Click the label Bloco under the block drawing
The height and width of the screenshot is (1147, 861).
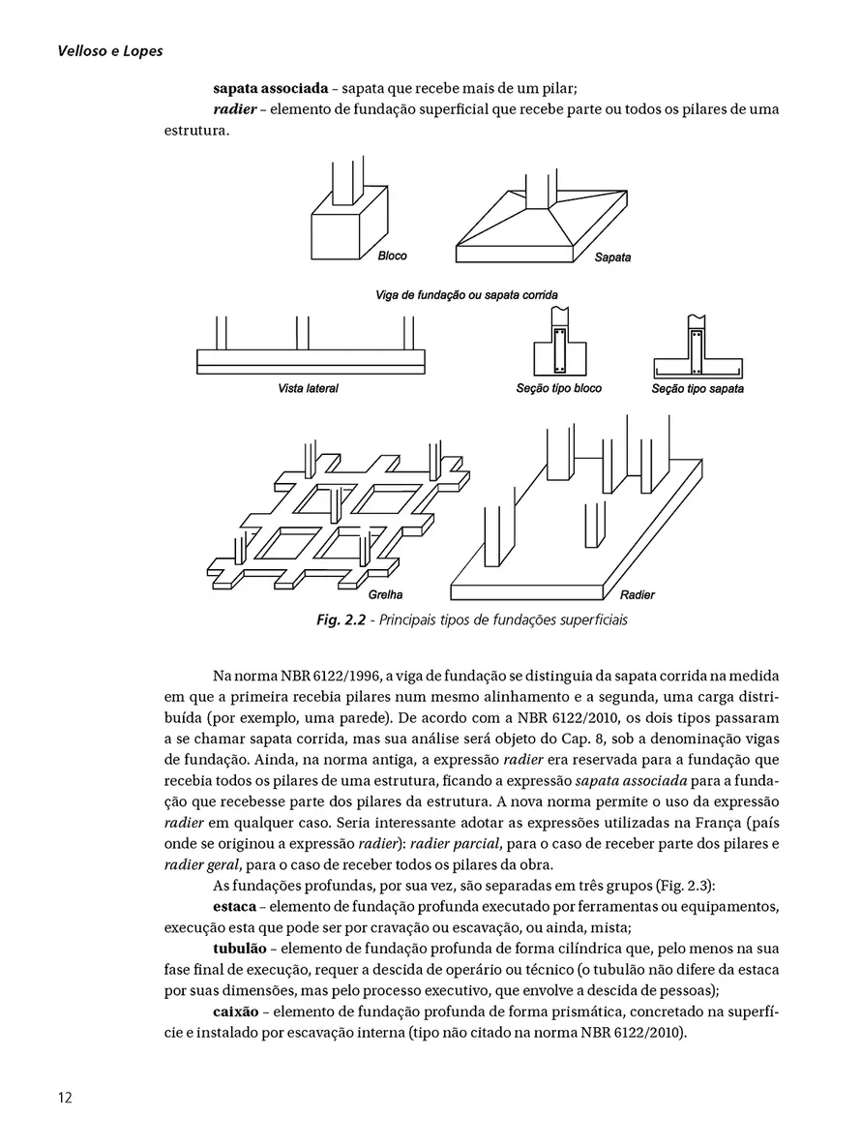click(392, 257)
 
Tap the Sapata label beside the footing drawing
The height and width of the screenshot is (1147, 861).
click(612, 258)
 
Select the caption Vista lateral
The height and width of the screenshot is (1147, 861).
click(308, 389)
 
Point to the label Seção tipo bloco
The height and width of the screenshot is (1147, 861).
click(558, 388)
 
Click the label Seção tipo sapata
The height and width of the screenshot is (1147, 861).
click(698, 389)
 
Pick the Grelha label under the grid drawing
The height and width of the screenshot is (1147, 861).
click(386, 594)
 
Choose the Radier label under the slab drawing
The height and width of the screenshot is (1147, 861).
click(638, 594)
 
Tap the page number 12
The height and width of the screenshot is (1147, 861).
click(64, 1098)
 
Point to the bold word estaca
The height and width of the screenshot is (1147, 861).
click(235, 906)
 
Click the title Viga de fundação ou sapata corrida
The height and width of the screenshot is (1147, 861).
click(466, 294)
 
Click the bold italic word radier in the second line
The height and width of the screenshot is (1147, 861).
click(234, 109)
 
